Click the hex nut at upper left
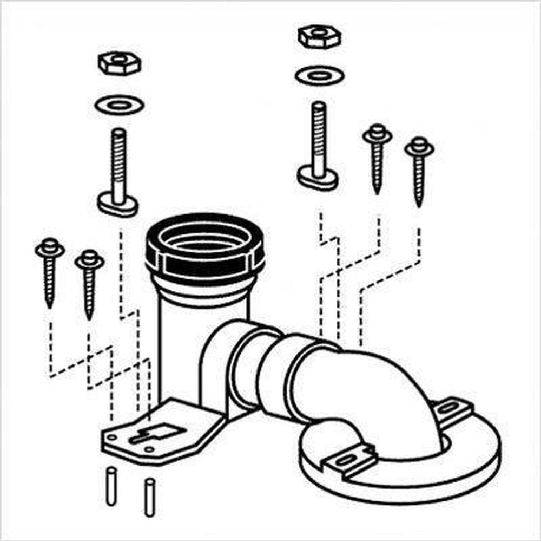tap(120, 63)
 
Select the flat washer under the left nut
tap(119, 104)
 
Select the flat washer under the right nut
tap(320, 75)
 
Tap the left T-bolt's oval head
tap(117, 205)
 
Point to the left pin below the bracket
tap(111, 486)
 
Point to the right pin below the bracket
tap(149, 496)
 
